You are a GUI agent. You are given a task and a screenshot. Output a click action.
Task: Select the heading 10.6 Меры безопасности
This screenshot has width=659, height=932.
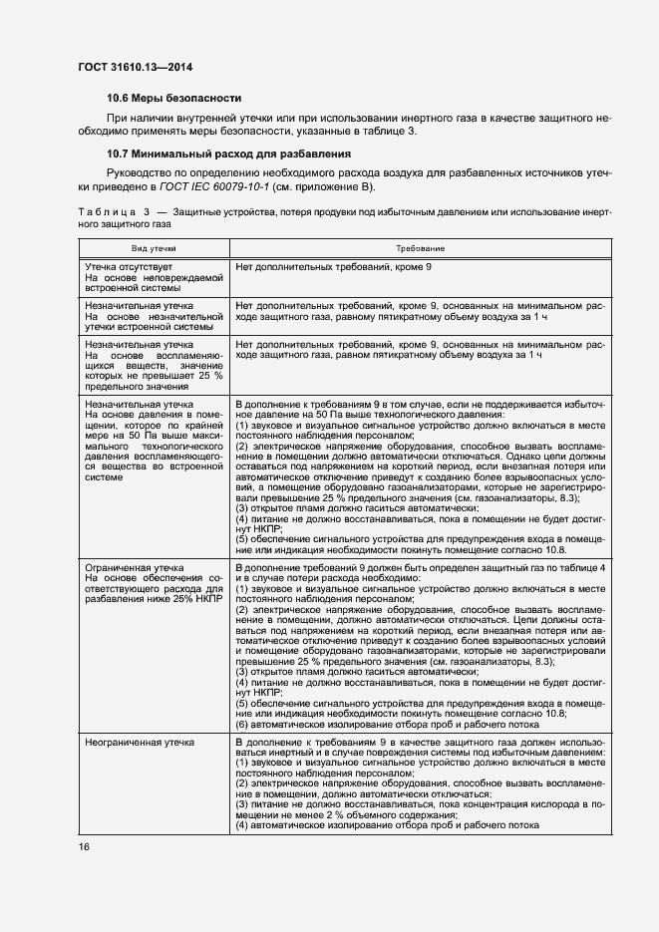point(174,98)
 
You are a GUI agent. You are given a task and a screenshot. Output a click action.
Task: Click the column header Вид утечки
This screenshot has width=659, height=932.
point(155,247)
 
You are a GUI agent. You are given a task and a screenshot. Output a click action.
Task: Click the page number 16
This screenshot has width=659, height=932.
point(84,846)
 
